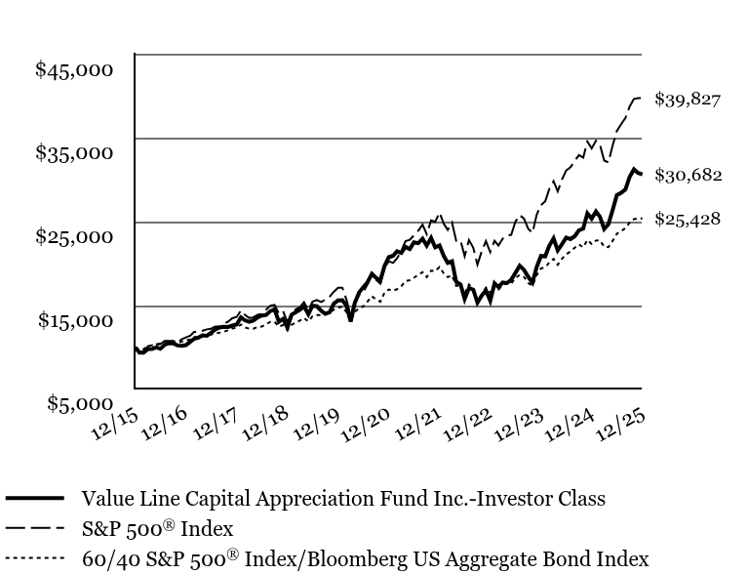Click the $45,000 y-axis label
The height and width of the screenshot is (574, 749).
coord(74,69)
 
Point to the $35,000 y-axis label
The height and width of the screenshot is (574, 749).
coord(74,152)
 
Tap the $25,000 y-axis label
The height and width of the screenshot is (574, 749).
coord(74,236)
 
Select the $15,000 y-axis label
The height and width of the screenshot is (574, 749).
coord(74,320)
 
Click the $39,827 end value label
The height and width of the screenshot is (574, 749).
coord(688,99)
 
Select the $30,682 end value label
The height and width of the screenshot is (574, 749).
coord(688,175)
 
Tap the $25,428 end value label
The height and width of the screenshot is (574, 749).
coord(688,219)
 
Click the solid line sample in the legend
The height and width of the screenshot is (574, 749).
coord(35,498)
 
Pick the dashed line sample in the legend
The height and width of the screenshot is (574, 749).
coord(35,529)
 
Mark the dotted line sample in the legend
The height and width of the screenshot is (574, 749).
coord(35,559)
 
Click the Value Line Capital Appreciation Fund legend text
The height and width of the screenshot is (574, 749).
coord(343,499)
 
